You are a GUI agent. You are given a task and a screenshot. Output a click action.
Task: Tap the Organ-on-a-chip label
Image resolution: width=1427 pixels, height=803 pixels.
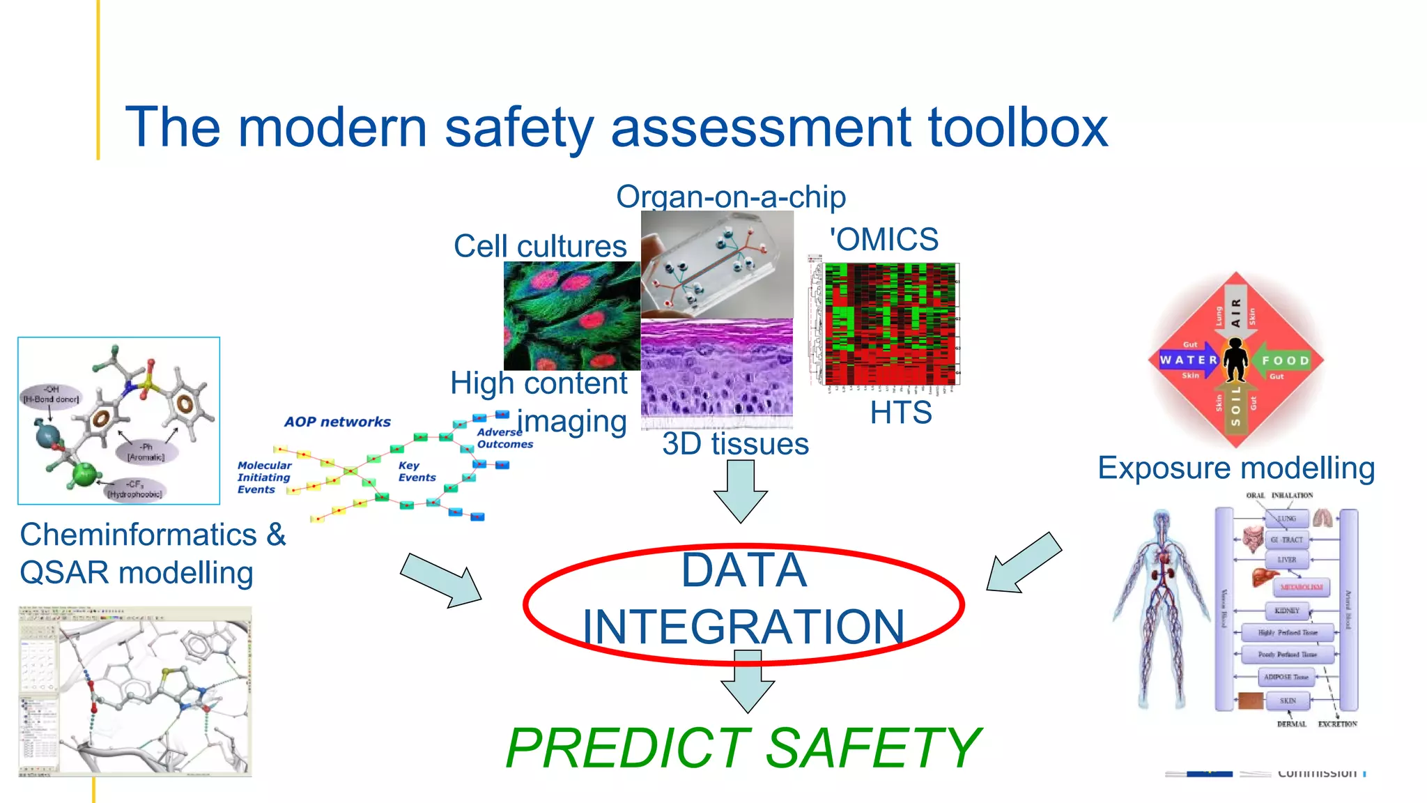pyautogui.click(x=730, y=197)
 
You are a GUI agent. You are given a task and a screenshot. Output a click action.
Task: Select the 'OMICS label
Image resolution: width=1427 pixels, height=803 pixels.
pyautogui.click(x=884, y=240)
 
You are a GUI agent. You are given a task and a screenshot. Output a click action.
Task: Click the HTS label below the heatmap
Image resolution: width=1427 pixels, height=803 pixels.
pyautogui.click(x=900, y=413)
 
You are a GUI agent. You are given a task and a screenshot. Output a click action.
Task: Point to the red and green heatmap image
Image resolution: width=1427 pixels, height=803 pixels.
pyautogui.click(x=890, y=324)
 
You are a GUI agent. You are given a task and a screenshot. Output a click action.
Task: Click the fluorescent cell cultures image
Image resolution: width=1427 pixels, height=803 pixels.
pyautogui.click(x=571, y=316)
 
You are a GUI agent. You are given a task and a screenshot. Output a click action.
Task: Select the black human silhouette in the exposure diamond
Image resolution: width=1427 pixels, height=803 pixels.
pyautogui.click(x=1236, y=360)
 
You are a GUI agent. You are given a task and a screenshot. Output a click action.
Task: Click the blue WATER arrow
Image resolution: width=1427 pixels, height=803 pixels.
pyautogui.click(x=1189, y=360)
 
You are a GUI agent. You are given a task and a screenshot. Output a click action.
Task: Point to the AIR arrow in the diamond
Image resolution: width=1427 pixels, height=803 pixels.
pyautogui.click(x=1235, y=310)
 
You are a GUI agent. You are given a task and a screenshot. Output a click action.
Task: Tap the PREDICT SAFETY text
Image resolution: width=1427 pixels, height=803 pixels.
pyautogui.click(x=743, y=748)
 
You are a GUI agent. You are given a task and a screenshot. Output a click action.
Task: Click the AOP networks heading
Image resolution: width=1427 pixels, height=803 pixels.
pyautogui.click(x=337, y=422)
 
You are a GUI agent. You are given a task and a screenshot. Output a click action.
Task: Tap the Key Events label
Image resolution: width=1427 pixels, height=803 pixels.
pyautogui.click(x=417, y=471)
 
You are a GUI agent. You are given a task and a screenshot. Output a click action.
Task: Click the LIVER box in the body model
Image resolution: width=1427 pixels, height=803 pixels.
pyautogui.click(x=1287, y=560)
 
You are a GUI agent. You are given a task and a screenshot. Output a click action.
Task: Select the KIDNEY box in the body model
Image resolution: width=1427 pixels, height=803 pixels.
pyautogui.click(x=1286, y=611)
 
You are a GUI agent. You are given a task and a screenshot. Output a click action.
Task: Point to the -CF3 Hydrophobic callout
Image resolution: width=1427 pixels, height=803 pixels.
pyautogui.click(x=135, y=489)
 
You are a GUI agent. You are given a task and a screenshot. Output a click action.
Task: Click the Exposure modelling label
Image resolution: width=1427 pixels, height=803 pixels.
pyautogui.click(x=1236, y=468)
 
